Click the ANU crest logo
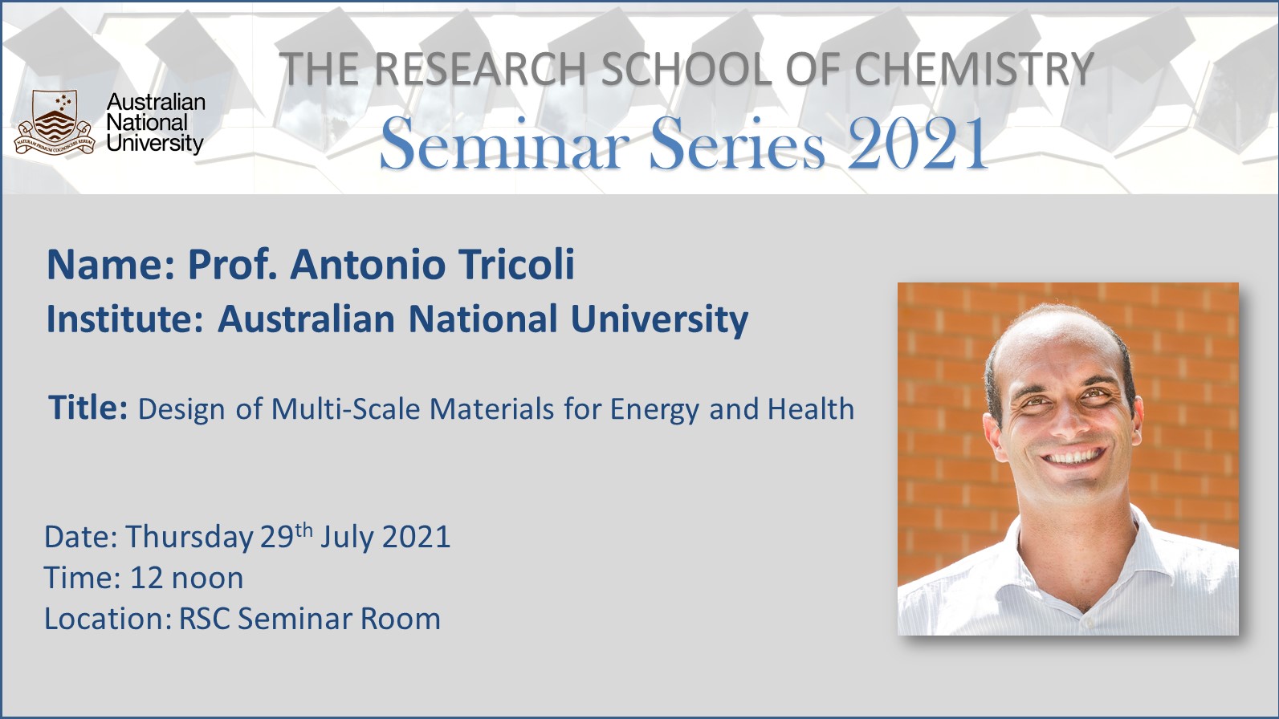(x=55, y=123)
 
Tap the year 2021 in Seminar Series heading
(x=918, y=144)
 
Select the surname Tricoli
(x=516, y=265)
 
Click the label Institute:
(x=125, y=319)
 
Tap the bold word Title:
(x=88, y=408)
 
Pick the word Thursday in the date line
(x=189, y=538)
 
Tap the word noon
(x=207, y=579)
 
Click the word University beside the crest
(x=155, y=144)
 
